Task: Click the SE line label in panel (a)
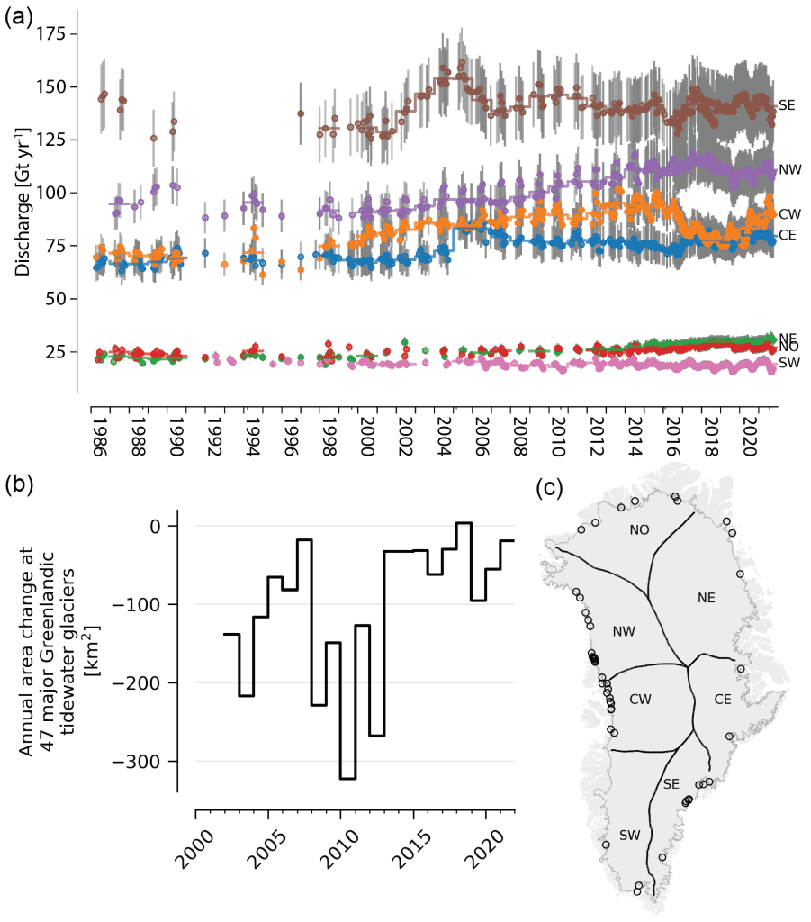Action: (786, 105)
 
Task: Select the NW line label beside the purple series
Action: (789, 169)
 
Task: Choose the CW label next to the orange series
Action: (789, 214)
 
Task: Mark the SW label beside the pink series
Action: (789, 363)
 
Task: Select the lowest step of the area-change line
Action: (347, 778)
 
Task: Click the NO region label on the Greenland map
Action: (639, 529)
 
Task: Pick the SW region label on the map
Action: (630, 835)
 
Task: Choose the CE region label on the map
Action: (723, 699)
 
